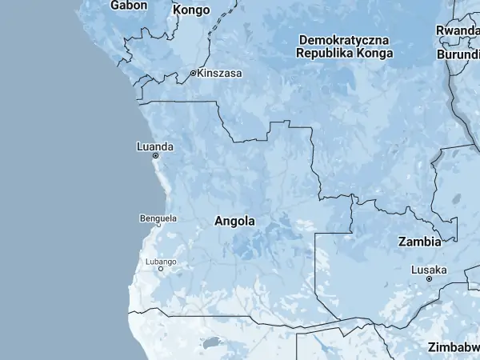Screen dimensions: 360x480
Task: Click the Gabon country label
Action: [x=129, y=5]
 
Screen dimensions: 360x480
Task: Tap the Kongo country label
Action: [x=192, y=10]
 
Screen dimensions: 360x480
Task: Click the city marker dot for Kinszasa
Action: [x=193, y=73]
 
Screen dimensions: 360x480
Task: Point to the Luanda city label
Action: [x=154, y=146]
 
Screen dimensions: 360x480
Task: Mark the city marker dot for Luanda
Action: [x=155, y=156]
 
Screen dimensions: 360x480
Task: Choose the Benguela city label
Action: [x=158, y=218]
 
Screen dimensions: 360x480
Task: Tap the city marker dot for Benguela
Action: [x=158, y=225]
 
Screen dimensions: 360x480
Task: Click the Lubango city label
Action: [x=161, y=262]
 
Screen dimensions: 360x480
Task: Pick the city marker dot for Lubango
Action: [x=161, y=269]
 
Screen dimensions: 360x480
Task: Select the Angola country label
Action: [x=235, y=222]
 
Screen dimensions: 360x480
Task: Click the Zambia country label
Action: [x=419, y=241]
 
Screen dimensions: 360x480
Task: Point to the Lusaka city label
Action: [x=429, y=270]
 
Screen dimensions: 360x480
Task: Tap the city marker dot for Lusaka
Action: [x=429, y=278]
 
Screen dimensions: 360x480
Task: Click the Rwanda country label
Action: [x=458, y=30]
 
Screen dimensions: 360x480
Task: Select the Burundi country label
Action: [x=458, y=54]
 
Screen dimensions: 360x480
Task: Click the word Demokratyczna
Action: [x=343, y=39]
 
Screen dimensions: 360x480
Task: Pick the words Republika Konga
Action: [x=343, y=54]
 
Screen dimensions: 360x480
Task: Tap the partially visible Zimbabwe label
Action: [x=454, y=347]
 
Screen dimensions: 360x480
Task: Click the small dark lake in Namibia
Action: [x=212, y=343]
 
